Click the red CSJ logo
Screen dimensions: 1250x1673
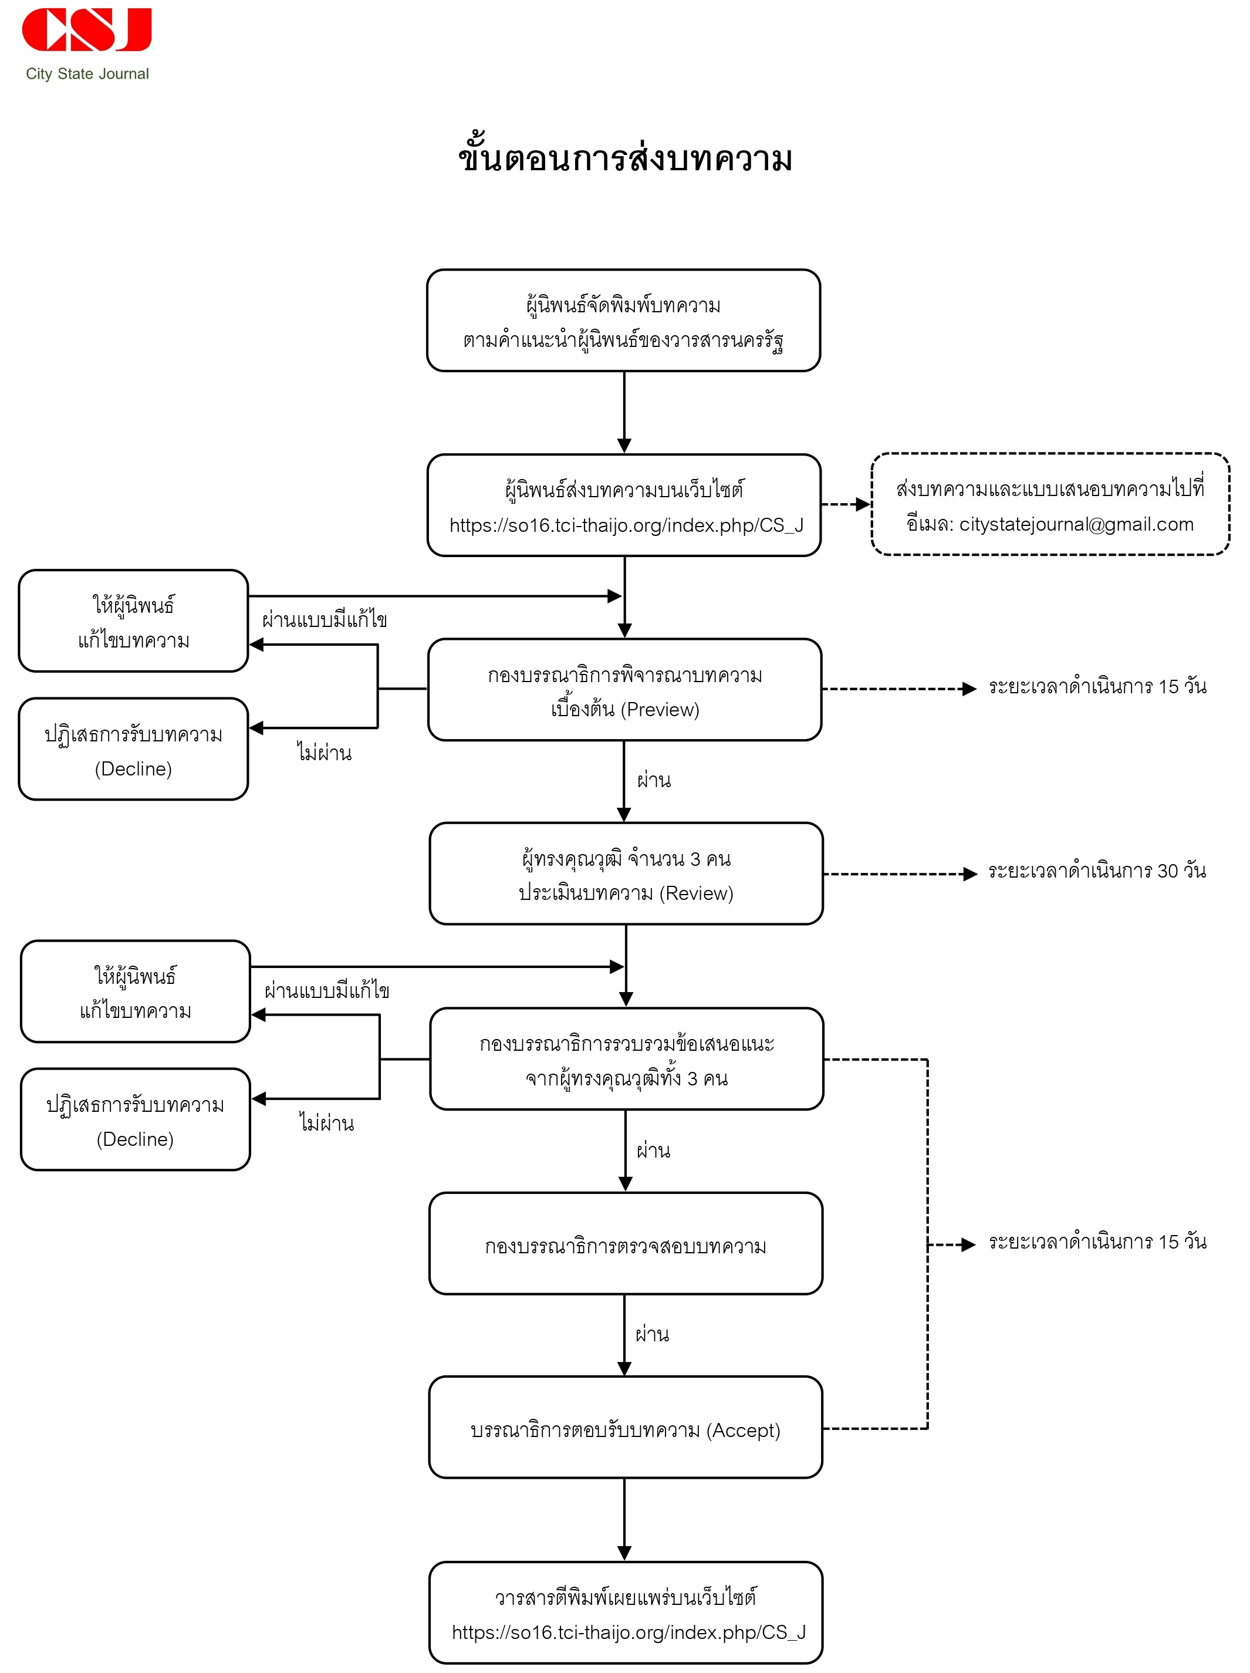[87, 29]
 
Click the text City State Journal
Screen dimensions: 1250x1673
[87, 74]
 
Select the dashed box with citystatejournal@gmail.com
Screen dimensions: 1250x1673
[1050, 504]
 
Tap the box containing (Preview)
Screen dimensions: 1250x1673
[624, 689]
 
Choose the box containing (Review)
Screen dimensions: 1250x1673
[626, 873]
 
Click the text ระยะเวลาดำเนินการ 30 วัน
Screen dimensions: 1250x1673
[1096, 871]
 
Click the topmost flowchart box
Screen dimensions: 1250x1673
[624, 320]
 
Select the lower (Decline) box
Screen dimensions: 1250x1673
[136, 1119]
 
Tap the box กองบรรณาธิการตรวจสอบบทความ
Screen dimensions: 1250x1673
[626, 1243]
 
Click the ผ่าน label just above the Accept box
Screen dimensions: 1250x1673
[652, 1334]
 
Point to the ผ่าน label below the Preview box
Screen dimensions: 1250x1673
[653, 780]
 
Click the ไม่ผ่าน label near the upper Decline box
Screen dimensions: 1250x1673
[325, 753]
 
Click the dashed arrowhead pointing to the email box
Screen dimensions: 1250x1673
[863, 504]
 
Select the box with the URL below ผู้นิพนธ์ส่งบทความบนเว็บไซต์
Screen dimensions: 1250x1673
[624, 505]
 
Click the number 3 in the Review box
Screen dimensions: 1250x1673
[695, 859]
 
